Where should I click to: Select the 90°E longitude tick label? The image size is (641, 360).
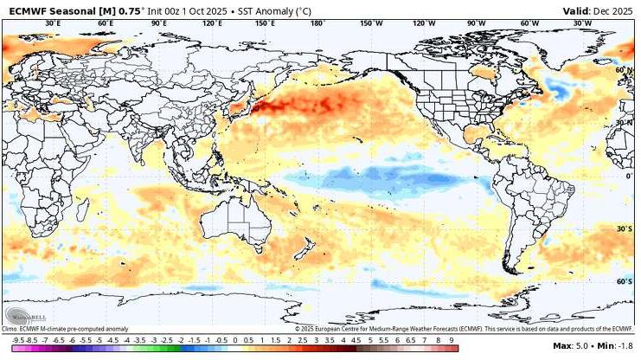(x=158, y=23)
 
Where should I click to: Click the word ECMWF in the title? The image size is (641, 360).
(x=23, y=10)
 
